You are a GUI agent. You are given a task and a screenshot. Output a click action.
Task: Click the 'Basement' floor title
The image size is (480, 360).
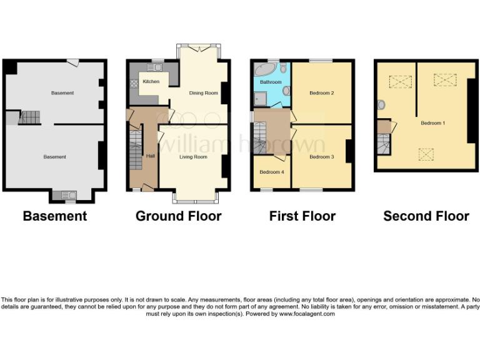pos(55,216)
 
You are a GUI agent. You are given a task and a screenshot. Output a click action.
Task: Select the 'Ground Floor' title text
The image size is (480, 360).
pos(179,216)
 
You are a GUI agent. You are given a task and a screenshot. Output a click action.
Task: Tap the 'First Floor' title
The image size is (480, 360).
pos(302,216)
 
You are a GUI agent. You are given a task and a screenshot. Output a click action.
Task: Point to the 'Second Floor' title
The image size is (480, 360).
pos(426,216)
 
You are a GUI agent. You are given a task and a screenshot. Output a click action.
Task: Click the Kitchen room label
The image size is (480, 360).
pos(151,82)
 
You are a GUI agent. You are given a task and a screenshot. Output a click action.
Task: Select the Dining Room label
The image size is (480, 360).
pos(203,93)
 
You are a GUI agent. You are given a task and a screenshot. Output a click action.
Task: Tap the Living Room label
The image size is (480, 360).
pos(193,157)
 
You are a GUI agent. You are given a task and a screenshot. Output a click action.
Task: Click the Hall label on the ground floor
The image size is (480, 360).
pos(150,156)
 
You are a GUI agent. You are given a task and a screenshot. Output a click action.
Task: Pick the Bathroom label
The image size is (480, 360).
pos(271,82)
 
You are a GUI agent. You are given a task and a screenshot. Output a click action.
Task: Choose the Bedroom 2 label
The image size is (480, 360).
pos(322,93)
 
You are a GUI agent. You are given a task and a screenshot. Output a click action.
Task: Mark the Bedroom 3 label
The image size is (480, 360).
pos(321,157)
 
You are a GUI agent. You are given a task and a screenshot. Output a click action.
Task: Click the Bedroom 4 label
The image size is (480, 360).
pos(271,172)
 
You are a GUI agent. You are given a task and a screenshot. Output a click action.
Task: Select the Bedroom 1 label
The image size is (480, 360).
pos(432,123)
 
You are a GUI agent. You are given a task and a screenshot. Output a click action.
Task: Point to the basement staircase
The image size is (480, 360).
pos(29,116)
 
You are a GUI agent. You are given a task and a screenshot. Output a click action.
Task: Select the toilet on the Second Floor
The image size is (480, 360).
pos(381,104)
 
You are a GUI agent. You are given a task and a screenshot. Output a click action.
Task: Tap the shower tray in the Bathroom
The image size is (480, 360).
pos(261,98)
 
